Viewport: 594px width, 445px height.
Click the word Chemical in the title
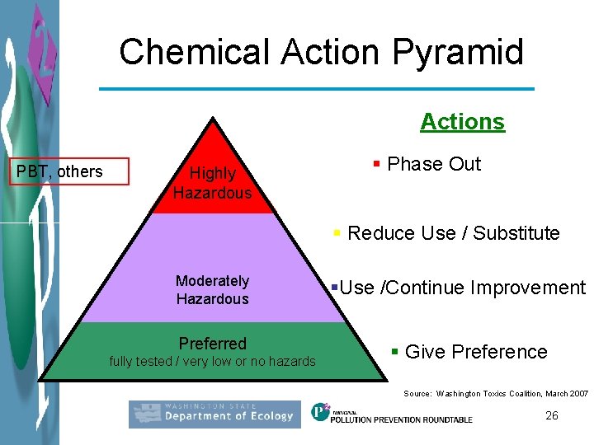pyautogui.click(x=194, y=52)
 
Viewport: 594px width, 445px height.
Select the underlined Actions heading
pyautogui.click(x=462, y=121)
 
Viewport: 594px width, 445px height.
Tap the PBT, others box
pyautogui.click(x=73, y=171)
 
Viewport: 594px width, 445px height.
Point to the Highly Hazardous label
pyautogui.click(x=212, y=183)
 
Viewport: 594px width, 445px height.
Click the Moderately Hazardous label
pyautogui.click(x=212, y=290)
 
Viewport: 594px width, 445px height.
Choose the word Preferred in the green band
pyautogui.click(x=213, y=343)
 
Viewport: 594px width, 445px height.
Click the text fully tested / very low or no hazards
pyautogui.click(x=213, y=361)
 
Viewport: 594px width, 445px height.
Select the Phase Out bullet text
pyautogui.click(x=433, y=164)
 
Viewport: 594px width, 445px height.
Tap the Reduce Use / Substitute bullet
pyautogui.click(x=453, y=233)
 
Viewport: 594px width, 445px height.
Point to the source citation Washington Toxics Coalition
pyautogui.click(x=496, y=394)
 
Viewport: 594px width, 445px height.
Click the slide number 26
pyautogui.click(x=552, y=415)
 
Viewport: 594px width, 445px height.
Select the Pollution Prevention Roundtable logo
pyautogui.click(x=392, y=414)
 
